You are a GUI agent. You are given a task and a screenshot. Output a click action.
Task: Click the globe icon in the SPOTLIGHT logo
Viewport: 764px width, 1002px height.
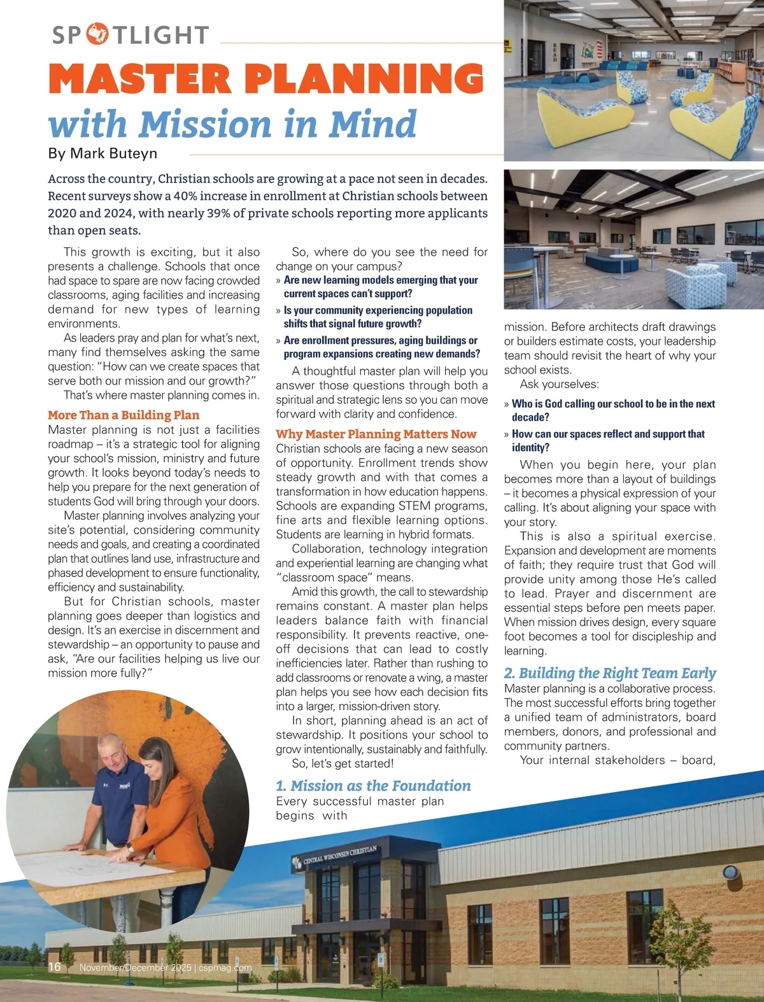(x=97, y=34)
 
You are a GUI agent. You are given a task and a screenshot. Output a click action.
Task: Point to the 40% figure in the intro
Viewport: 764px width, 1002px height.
(x=185, y=196)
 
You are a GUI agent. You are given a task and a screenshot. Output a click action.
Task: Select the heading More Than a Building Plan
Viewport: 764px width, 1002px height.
(x=124, y=415)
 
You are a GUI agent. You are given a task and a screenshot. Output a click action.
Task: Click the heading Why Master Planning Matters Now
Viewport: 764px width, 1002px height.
(x=376, y=434)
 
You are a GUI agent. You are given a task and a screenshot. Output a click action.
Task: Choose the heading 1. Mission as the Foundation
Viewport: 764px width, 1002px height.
(x=373, y=786)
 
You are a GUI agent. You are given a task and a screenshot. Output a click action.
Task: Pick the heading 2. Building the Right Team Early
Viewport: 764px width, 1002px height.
(x=610, y=673)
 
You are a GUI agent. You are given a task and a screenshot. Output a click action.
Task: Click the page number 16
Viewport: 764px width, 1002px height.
(x=55, y=967)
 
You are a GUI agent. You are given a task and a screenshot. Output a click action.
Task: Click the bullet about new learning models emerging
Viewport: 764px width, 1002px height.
(x=380, y=287)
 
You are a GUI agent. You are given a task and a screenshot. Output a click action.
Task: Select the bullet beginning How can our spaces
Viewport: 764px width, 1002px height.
(x=608, y=440)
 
